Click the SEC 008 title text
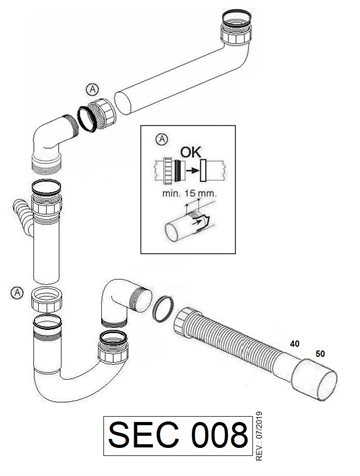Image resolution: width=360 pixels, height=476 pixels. [178, 435]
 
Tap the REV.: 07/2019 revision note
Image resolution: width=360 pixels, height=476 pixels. [259, 436]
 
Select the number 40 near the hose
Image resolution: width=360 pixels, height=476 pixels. [295, 344]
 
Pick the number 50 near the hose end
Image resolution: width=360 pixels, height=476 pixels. [320, 354]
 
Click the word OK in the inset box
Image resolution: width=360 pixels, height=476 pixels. [191, 152]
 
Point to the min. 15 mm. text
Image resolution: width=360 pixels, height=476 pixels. [189, 193]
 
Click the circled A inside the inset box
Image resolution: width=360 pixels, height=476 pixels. [162, 139]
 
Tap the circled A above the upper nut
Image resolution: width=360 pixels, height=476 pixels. [92, 89]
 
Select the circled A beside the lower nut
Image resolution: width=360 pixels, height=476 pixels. [17, 293]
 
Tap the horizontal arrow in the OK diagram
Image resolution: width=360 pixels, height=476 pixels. [191, 170]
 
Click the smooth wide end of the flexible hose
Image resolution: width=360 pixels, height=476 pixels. [315, 380]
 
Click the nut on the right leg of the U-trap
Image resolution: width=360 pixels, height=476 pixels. [113, 348]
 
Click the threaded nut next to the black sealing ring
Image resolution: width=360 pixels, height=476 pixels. [103, 112]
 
